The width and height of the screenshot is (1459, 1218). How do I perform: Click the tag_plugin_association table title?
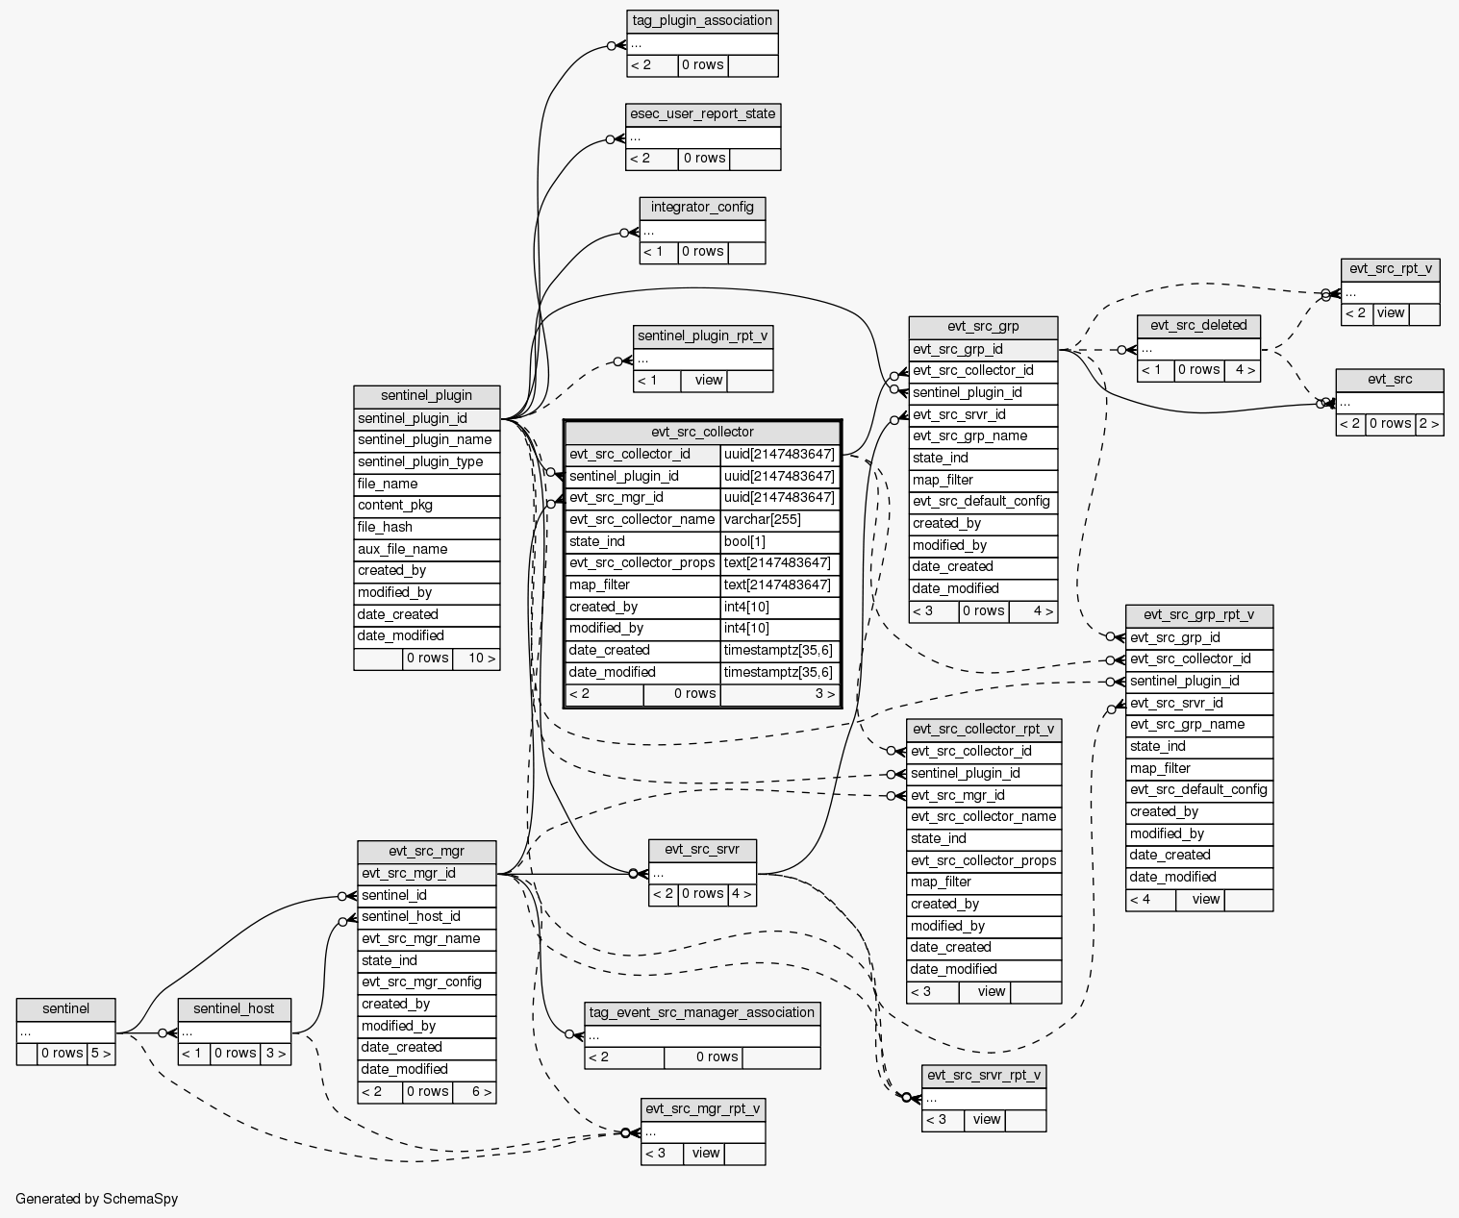pos(702,21)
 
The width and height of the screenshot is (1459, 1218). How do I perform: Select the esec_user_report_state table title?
pos(702,114)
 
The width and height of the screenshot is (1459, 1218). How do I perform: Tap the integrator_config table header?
pos(702,208)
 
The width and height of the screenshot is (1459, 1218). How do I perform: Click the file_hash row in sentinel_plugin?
pos(426,528)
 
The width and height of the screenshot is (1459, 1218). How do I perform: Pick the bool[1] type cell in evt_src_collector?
pos(780,542)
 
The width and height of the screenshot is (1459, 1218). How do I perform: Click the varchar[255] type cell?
pos(780,520)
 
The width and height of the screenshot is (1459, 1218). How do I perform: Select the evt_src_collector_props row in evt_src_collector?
pos(642,563)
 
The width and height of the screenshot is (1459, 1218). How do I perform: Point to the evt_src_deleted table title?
pos(1198,326)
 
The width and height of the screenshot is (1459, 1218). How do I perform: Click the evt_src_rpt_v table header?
pos(1390,269)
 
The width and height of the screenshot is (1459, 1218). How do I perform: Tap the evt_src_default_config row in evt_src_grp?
pos(982,502)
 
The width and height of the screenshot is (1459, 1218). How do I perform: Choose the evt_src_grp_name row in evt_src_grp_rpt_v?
pos(1199,725)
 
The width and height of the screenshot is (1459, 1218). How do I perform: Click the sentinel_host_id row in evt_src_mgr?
pos(426,917)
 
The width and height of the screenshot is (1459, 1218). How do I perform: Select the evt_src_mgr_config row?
pos(426,982)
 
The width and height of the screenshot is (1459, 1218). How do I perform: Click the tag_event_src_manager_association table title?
pos(702,1012)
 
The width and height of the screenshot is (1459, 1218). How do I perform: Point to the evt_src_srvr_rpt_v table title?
pos(983,1076)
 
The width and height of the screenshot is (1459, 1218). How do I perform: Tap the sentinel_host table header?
pos(234,1009)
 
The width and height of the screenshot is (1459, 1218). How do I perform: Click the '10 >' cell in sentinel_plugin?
pos(476,659)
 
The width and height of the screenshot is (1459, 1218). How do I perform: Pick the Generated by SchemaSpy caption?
pos(97,1200)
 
